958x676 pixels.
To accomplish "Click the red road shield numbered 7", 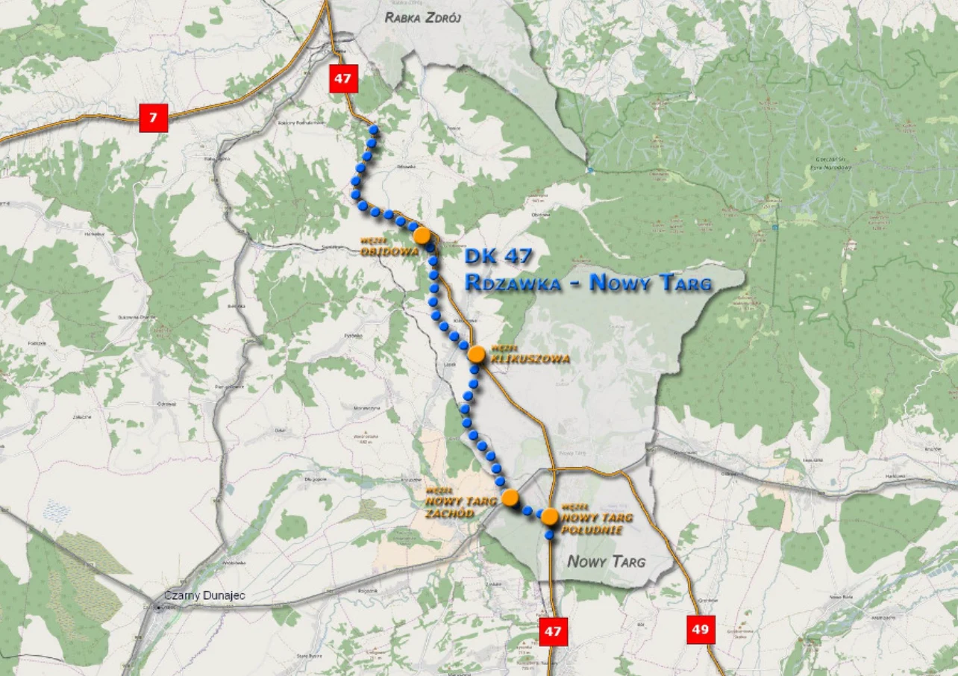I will (x=154, y=117).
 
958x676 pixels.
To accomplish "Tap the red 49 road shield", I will (x=700, y=629).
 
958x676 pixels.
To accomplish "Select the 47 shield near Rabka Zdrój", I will (x=343, y=78).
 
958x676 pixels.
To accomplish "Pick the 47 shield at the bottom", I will (x=552, y=631).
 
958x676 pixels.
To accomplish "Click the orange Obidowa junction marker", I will (x=422, y=235).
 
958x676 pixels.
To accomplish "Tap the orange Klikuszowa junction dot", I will (x=477, y=354).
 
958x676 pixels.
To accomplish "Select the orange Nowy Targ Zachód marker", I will (x=510, y=498).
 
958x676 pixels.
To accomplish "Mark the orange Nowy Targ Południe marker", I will (x=550, y=516).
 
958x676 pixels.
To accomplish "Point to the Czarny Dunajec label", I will (x=205, y=596).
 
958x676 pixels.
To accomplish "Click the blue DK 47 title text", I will (x=498, y=257).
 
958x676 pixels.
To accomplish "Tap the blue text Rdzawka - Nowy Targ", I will (x=588, y=283).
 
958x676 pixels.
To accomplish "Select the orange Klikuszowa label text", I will (x=530, y=359).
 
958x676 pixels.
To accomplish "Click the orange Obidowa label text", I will (x=389, y=251).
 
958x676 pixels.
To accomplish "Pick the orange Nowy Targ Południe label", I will (x=596, y=523).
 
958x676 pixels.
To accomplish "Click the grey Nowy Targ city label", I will (x=606, y=561).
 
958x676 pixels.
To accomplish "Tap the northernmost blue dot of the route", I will (x=374, y=130).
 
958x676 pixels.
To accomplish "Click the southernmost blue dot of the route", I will (x=549, y=534).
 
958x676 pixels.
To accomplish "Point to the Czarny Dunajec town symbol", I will (x=158, y=607).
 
